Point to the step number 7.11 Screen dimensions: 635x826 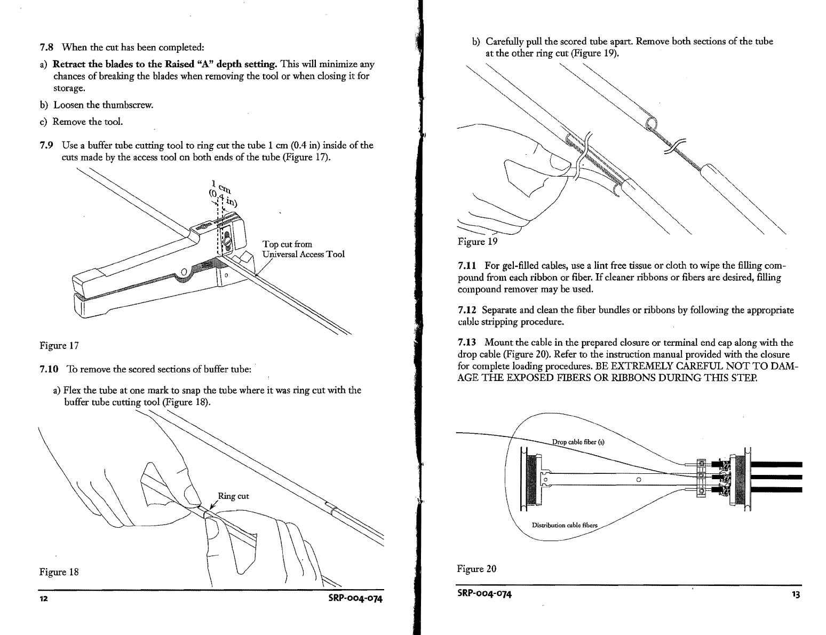click(x=468, y=265)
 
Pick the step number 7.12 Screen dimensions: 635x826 click(x=468, y=310)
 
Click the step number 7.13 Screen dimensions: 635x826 click(x=468, y=342)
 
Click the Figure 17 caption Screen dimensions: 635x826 click(x=59, y=345)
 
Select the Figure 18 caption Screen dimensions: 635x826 click(x=59, y=572)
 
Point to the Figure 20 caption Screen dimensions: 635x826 click(x=476, y=569)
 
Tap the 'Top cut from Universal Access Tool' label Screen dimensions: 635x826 click(x=303, y=249)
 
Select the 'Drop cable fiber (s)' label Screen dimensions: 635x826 click(x=578, y=442)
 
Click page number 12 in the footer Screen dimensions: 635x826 click(x=44, y=598)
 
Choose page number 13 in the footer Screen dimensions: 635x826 click(x=796, y=594)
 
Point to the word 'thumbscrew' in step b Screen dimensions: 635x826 click(x=128, y=105)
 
